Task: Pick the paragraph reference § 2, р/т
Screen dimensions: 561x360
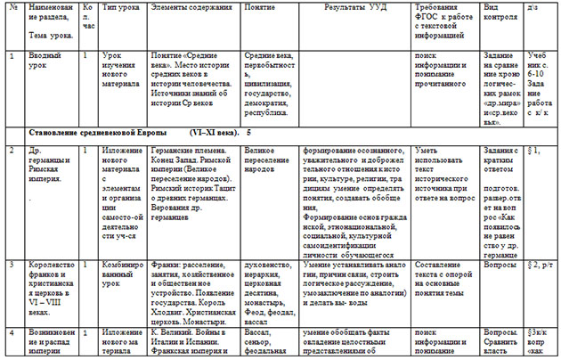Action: (541, 266)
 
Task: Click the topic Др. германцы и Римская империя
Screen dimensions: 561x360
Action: (48, 160)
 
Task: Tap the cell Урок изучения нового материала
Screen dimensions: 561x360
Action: (120, 70)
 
